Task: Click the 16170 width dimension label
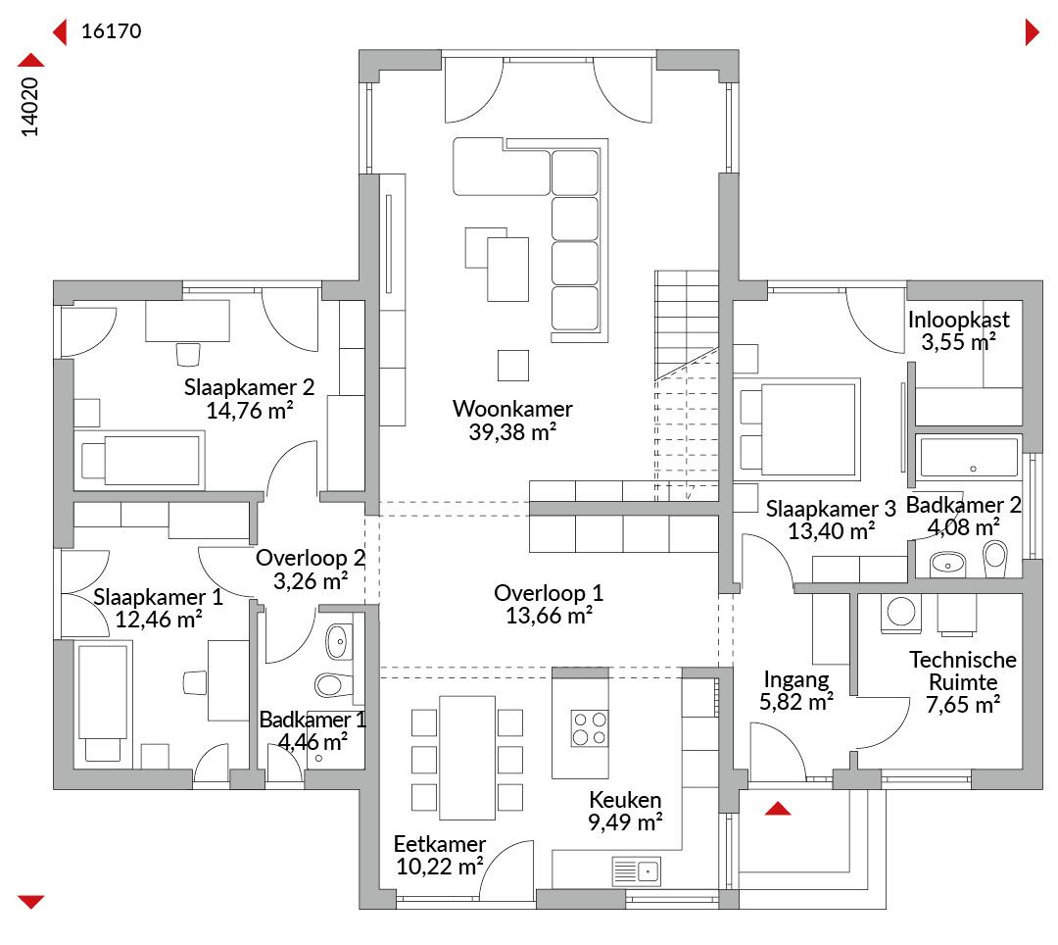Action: pyautogui.click(x=112, y=31)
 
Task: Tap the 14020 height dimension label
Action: pyautogui.click(x=29, y=107)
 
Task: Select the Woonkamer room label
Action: pyautogui.click(x=512, y=409)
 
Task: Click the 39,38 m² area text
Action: pyautogui.click(x=512, y=432)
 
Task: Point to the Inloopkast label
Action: pyautogui.click(x=959, y=320)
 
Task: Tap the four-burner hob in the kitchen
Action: pyautogui.click(x=589, y=728)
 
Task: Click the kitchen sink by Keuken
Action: pyautogui.click(x=637, y=871)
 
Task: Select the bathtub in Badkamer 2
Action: pyautogui.click(x=968, y=457)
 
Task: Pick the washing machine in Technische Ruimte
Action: pyautogui.click(x=901, y=613)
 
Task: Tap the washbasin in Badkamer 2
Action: pyautogui.click(x=948, y=564)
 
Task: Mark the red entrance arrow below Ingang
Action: pyautogui.click(x=778, y=809)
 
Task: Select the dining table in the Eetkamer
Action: pyautogui.click(x=467, y=758)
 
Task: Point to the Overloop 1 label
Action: pyautogui.click(x=549, y=593)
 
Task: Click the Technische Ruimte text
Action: pyautogui.click(x=963, y=671)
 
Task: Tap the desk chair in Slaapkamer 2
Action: pyautogui.click(x=188, y=355)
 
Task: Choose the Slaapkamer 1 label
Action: pyautogui.click(x=158, y=597)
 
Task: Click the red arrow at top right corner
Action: pyautogui.click(x=1033, y=31)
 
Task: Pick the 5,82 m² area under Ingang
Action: pyautogui.click(x=796, y=702)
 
